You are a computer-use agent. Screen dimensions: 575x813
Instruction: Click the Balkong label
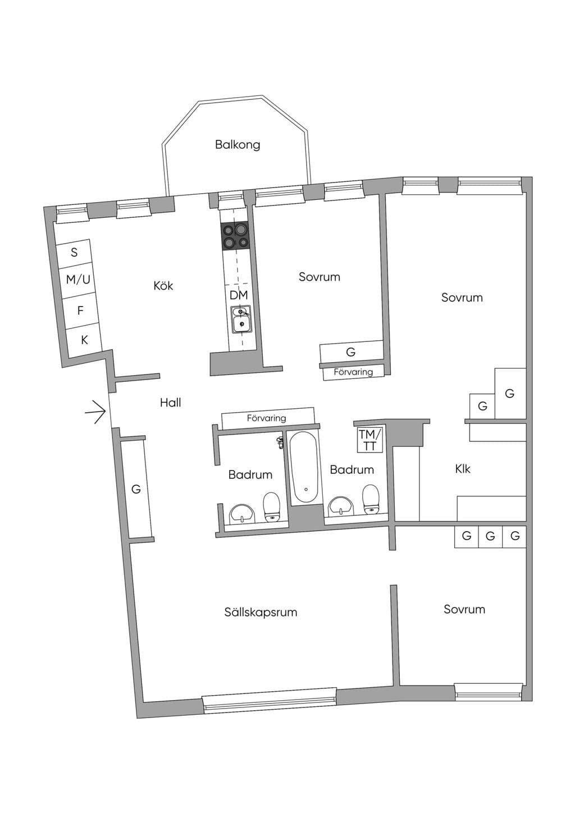coord(238,145)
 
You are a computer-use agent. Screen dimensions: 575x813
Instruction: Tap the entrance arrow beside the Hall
coord(95,412)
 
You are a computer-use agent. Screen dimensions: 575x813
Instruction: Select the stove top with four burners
coord(235,236)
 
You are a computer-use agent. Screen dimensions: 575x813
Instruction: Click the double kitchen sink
coord(241,319)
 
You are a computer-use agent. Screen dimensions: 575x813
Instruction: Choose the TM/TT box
coord(370,440)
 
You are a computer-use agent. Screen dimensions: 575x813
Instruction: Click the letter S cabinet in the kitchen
coord(74,252)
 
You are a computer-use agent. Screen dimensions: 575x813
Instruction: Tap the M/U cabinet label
coord(78,280)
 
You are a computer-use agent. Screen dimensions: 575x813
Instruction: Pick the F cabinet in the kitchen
coord(81,310)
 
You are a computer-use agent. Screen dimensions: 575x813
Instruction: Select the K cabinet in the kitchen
coord(84,340)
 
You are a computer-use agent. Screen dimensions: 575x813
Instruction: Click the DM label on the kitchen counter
coord(239,295)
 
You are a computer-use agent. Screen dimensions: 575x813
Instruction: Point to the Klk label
coord(463,469)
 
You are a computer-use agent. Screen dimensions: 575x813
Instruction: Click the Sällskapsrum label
coord(261,613)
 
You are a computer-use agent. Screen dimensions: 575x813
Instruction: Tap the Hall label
coord(170,403)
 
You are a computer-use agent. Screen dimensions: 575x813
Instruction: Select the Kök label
coord(163,286)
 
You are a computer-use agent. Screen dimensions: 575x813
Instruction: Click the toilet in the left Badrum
coord(272,507)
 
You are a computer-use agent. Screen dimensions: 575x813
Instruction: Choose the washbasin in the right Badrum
coord(340,505)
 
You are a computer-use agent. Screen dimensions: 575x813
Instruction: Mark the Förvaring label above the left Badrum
coord(267,418)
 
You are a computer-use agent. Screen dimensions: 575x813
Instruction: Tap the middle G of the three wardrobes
coord(490,536)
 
